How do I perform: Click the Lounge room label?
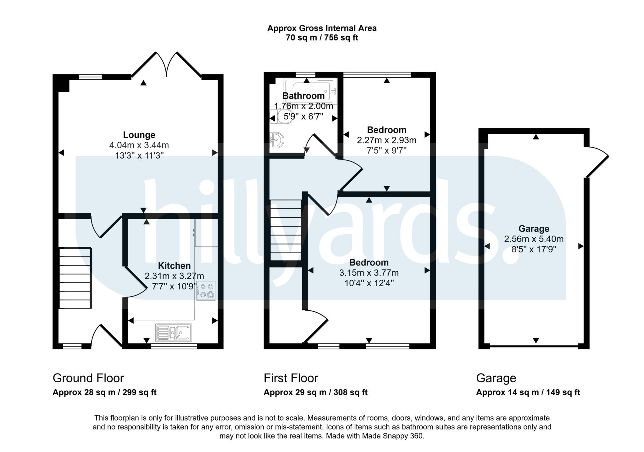coord(139,135)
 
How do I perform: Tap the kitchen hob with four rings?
coord(206,291)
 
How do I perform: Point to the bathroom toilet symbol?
coord(281,116)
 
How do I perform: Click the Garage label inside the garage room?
coord(534,229)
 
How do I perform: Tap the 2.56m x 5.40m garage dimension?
coord(534,239)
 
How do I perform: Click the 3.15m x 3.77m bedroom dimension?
coord(369,273)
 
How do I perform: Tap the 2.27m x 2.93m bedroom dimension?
coord(386,140)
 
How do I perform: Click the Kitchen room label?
coord(174,266)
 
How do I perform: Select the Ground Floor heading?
coord(88,378)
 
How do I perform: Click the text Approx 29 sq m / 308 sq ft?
coord(315,392)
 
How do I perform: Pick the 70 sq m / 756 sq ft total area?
coord(322,38)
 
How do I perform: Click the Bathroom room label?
coord(303,96)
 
